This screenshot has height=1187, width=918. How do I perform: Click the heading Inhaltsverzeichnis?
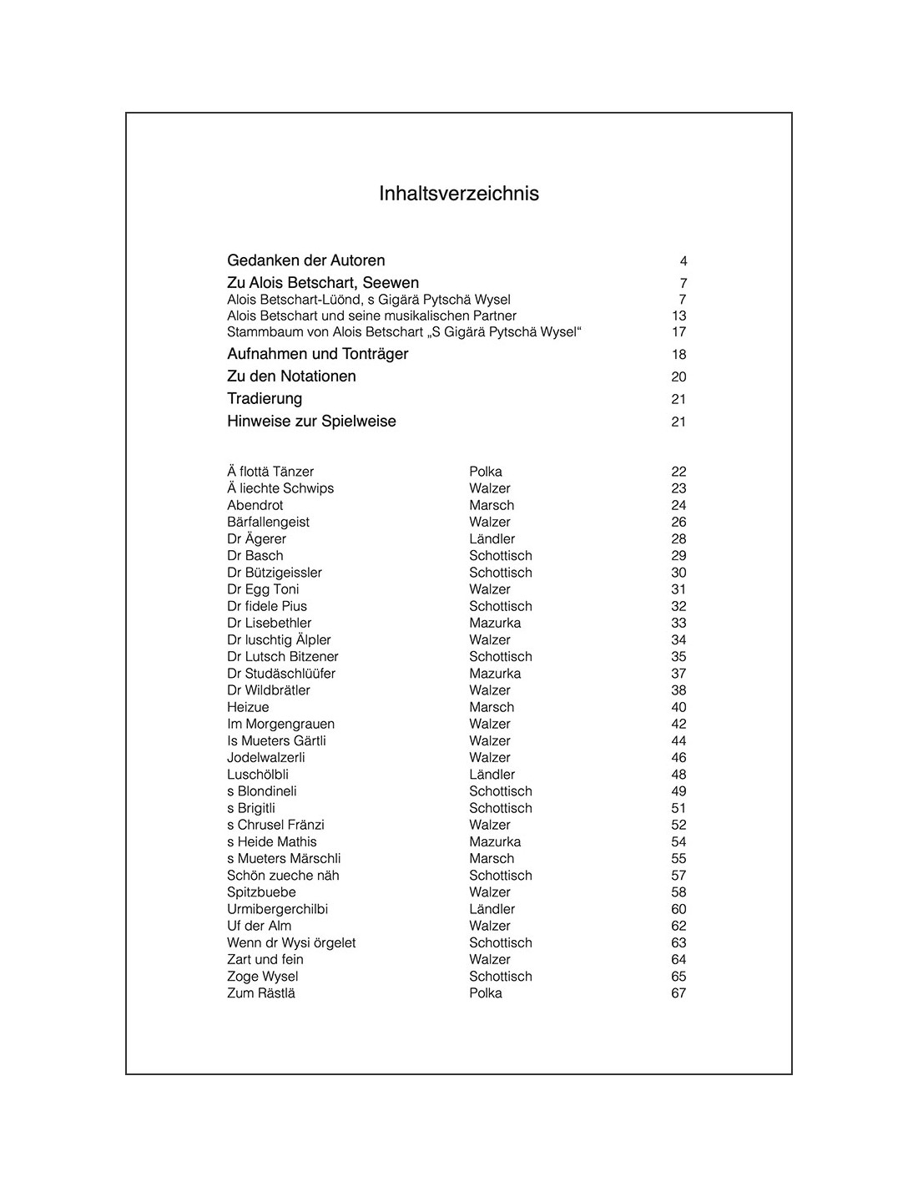459,194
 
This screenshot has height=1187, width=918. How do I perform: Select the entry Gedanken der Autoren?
305,260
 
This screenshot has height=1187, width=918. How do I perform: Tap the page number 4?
683,261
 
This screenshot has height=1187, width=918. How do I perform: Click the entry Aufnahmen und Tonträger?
317,354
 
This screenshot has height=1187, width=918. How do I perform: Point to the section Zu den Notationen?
291,376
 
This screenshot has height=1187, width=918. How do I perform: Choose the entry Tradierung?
265,399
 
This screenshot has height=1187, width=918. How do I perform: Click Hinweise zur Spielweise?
311,422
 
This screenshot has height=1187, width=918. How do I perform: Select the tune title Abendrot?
255,505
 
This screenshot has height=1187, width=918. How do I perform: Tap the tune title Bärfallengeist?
268,522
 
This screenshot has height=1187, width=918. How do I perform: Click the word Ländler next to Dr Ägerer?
492,538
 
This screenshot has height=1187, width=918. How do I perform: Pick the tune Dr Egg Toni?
263,589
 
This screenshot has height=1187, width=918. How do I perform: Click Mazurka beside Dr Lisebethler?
495,623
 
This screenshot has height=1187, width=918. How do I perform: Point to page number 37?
678,674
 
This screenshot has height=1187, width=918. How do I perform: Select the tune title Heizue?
248,707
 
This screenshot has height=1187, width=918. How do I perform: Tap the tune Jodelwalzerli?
266,757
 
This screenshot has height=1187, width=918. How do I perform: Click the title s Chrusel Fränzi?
275,825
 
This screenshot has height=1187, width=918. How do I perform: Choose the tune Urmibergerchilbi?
277,909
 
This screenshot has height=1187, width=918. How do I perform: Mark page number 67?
678,993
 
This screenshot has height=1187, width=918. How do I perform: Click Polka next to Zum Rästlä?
486,993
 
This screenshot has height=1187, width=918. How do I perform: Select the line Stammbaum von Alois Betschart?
404,331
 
